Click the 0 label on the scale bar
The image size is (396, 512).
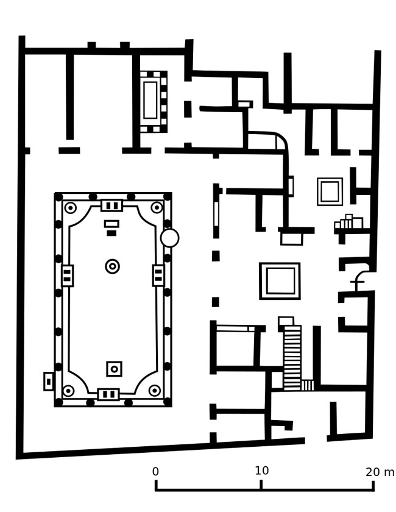coord(155,471)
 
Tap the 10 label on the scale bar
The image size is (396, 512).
coord(262,471)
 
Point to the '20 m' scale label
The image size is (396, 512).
coord(380,472)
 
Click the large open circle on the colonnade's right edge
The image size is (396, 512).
coord(170,238)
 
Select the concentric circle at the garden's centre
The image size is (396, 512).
coord(112,266)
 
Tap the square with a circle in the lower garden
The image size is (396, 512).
coord(115,369)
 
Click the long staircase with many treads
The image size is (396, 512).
coord(292,357)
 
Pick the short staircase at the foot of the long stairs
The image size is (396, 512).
coord(307,385)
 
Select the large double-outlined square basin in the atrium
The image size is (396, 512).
coord(280,281)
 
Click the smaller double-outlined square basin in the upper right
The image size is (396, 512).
coord(330,191)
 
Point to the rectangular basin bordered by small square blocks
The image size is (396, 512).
coord(154,102)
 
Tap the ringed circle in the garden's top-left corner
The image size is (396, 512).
coord(71,208)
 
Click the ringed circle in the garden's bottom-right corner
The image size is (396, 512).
coord(154,390)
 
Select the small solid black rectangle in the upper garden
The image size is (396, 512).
coord(111,233)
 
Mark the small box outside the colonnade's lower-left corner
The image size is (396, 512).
coord(49,381)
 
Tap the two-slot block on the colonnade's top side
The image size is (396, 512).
coord(111,206)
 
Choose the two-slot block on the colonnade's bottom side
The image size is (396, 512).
coord(108,394)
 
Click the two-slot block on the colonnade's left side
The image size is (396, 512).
coord(67,276)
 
